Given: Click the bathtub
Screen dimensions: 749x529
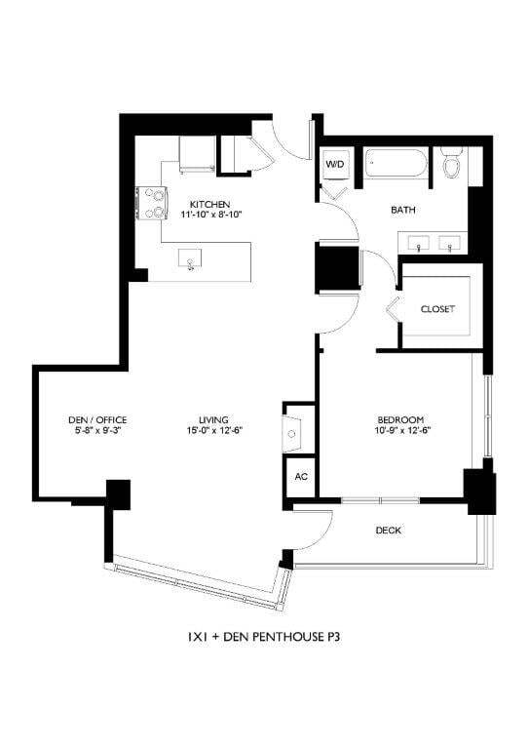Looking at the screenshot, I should click(x=397, y=165).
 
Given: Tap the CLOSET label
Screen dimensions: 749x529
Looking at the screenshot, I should click(x=437, y=309).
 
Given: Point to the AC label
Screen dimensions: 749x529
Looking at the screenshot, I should click(x=300, y=477).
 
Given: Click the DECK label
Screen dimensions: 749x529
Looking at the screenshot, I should click(x=389, y=531).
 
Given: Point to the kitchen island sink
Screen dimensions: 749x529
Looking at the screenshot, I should click(x=191, y=259).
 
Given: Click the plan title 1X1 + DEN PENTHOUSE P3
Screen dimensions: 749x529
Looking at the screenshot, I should click(x=263, y=639).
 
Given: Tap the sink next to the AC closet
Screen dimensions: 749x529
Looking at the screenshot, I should click(x=293, y=429).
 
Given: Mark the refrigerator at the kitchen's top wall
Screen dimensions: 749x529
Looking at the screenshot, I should click(x=197, y=153).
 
